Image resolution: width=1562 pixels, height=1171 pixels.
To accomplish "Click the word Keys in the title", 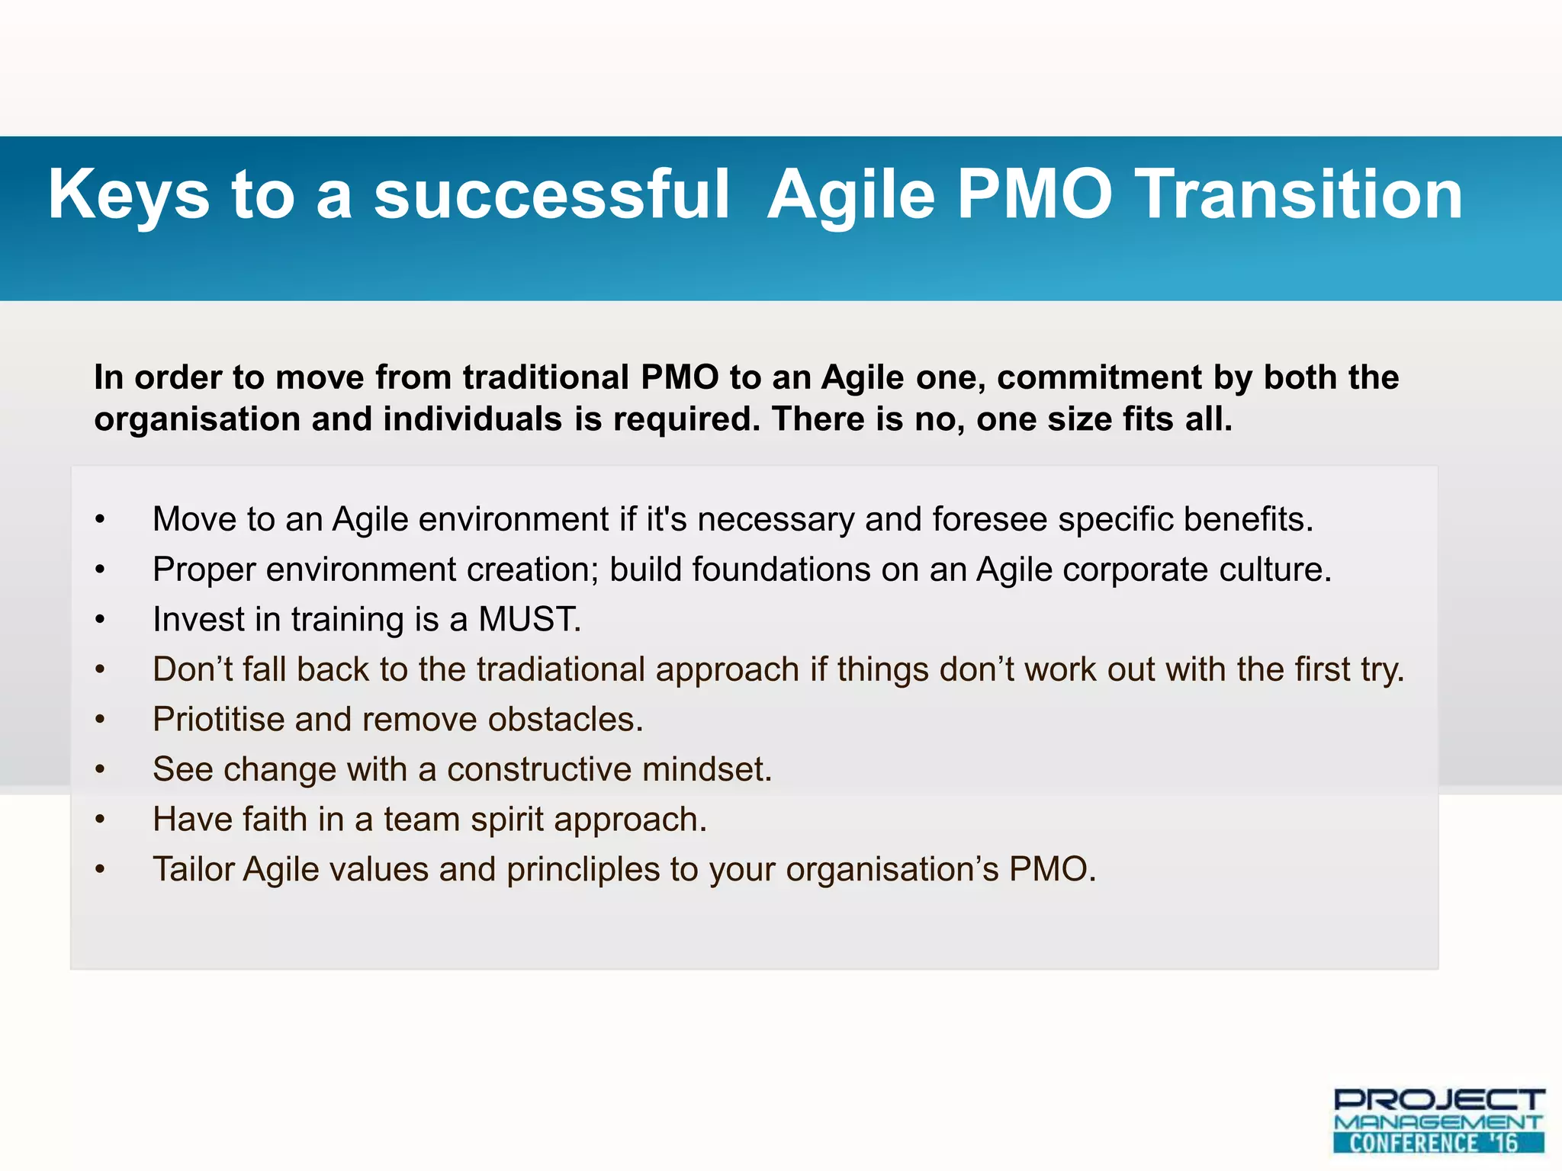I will tap(128, 195).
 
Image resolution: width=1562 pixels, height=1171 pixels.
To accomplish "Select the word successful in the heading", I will tap(551, 195).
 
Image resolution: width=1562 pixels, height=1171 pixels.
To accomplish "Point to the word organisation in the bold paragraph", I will tap(197, 419).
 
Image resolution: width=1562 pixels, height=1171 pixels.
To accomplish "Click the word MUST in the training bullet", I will tap(529, 619).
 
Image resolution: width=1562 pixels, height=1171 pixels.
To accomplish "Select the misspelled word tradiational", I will tap(561, 669).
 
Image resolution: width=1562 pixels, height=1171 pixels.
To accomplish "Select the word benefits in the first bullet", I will tap(1248, 519).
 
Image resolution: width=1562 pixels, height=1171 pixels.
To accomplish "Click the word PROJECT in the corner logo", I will tap(1438, 1099).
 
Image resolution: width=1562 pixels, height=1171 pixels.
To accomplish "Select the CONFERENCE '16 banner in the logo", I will tap(1438, 1143).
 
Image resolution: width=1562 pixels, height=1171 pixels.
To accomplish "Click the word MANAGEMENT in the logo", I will tap(1438, 1122).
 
